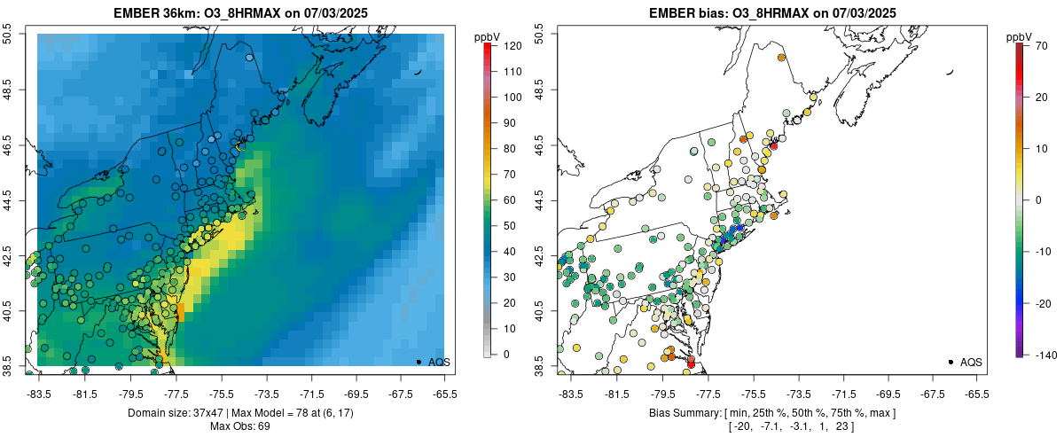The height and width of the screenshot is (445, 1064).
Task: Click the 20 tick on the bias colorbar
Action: [x=1044, y=98]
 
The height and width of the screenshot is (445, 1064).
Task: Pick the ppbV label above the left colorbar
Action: [x=488, y=36]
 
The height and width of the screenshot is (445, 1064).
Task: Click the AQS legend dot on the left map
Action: [x=418, y=362]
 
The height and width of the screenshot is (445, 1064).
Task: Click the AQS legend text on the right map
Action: [x=971, y=362]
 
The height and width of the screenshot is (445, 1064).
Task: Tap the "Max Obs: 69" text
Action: [x=241, y=426]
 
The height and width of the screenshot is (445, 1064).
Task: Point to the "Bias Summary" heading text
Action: [x=682, y=413]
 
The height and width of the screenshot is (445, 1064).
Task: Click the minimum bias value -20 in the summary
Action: [x=739, y=426]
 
